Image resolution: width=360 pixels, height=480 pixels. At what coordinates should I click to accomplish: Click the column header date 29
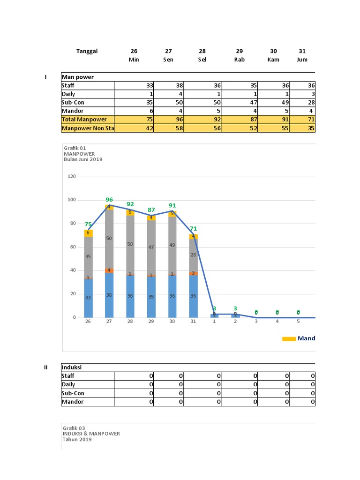(x=239, y=51)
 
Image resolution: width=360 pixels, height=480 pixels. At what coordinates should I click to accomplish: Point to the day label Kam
(x=273, y=60)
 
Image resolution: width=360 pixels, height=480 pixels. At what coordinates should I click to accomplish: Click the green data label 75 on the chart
(x=88, y=225)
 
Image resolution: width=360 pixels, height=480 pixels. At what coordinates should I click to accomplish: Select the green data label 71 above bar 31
(x=193, y=229)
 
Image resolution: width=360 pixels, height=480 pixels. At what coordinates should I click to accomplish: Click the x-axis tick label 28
(x=130, y=322)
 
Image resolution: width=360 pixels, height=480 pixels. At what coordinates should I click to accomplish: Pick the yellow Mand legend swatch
(x=289, y=339)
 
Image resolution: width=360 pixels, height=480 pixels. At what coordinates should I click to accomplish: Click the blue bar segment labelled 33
(x=88, y=298)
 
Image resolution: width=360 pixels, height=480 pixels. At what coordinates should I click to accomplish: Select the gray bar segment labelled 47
(x=151, y=247)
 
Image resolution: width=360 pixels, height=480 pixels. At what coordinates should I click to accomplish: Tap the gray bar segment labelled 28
(x=193, y=255)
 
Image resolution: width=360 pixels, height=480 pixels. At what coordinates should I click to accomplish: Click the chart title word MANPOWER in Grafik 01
(x=79, y=154)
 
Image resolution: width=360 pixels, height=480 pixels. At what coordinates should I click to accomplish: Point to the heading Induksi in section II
(x=71, y=367)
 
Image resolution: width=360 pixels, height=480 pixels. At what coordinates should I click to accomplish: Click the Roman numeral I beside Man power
(x=45, y=77)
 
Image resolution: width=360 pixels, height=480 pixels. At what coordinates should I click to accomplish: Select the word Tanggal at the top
(x=87, y=51)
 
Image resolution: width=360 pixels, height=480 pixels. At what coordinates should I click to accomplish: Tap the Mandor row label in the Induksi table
(x=72, y=402)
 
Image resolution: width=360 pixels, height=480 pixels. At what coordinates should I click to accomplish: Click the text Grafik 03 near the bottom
(x=75, y=428)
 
